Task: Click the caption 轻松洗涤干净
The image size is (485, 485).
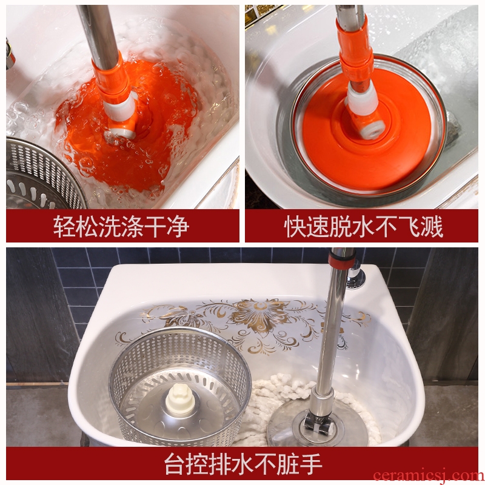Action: click(x=121, y=226)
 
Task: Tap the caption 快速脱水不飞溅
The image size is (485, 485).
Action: click(x=363, y=226)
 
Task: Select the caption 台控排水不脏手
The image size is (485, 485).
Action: click(x=243, y=464)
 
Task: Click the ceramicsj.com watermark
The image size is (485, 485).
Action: click(x=429, y=476)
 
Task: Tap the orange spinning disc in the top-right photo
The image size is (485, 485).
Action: click(x=365, y=130)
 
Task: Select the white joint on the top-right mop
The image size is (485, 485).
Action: click(x=363, y=99)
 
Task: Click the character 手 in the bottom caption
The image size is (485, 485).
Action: click(x=311, y=464)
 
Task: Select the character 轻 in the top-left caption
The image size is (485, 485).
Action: click(x=65, y=226)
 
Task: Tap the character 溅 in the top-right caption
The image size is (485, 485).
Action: click(x=432, y=226)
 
